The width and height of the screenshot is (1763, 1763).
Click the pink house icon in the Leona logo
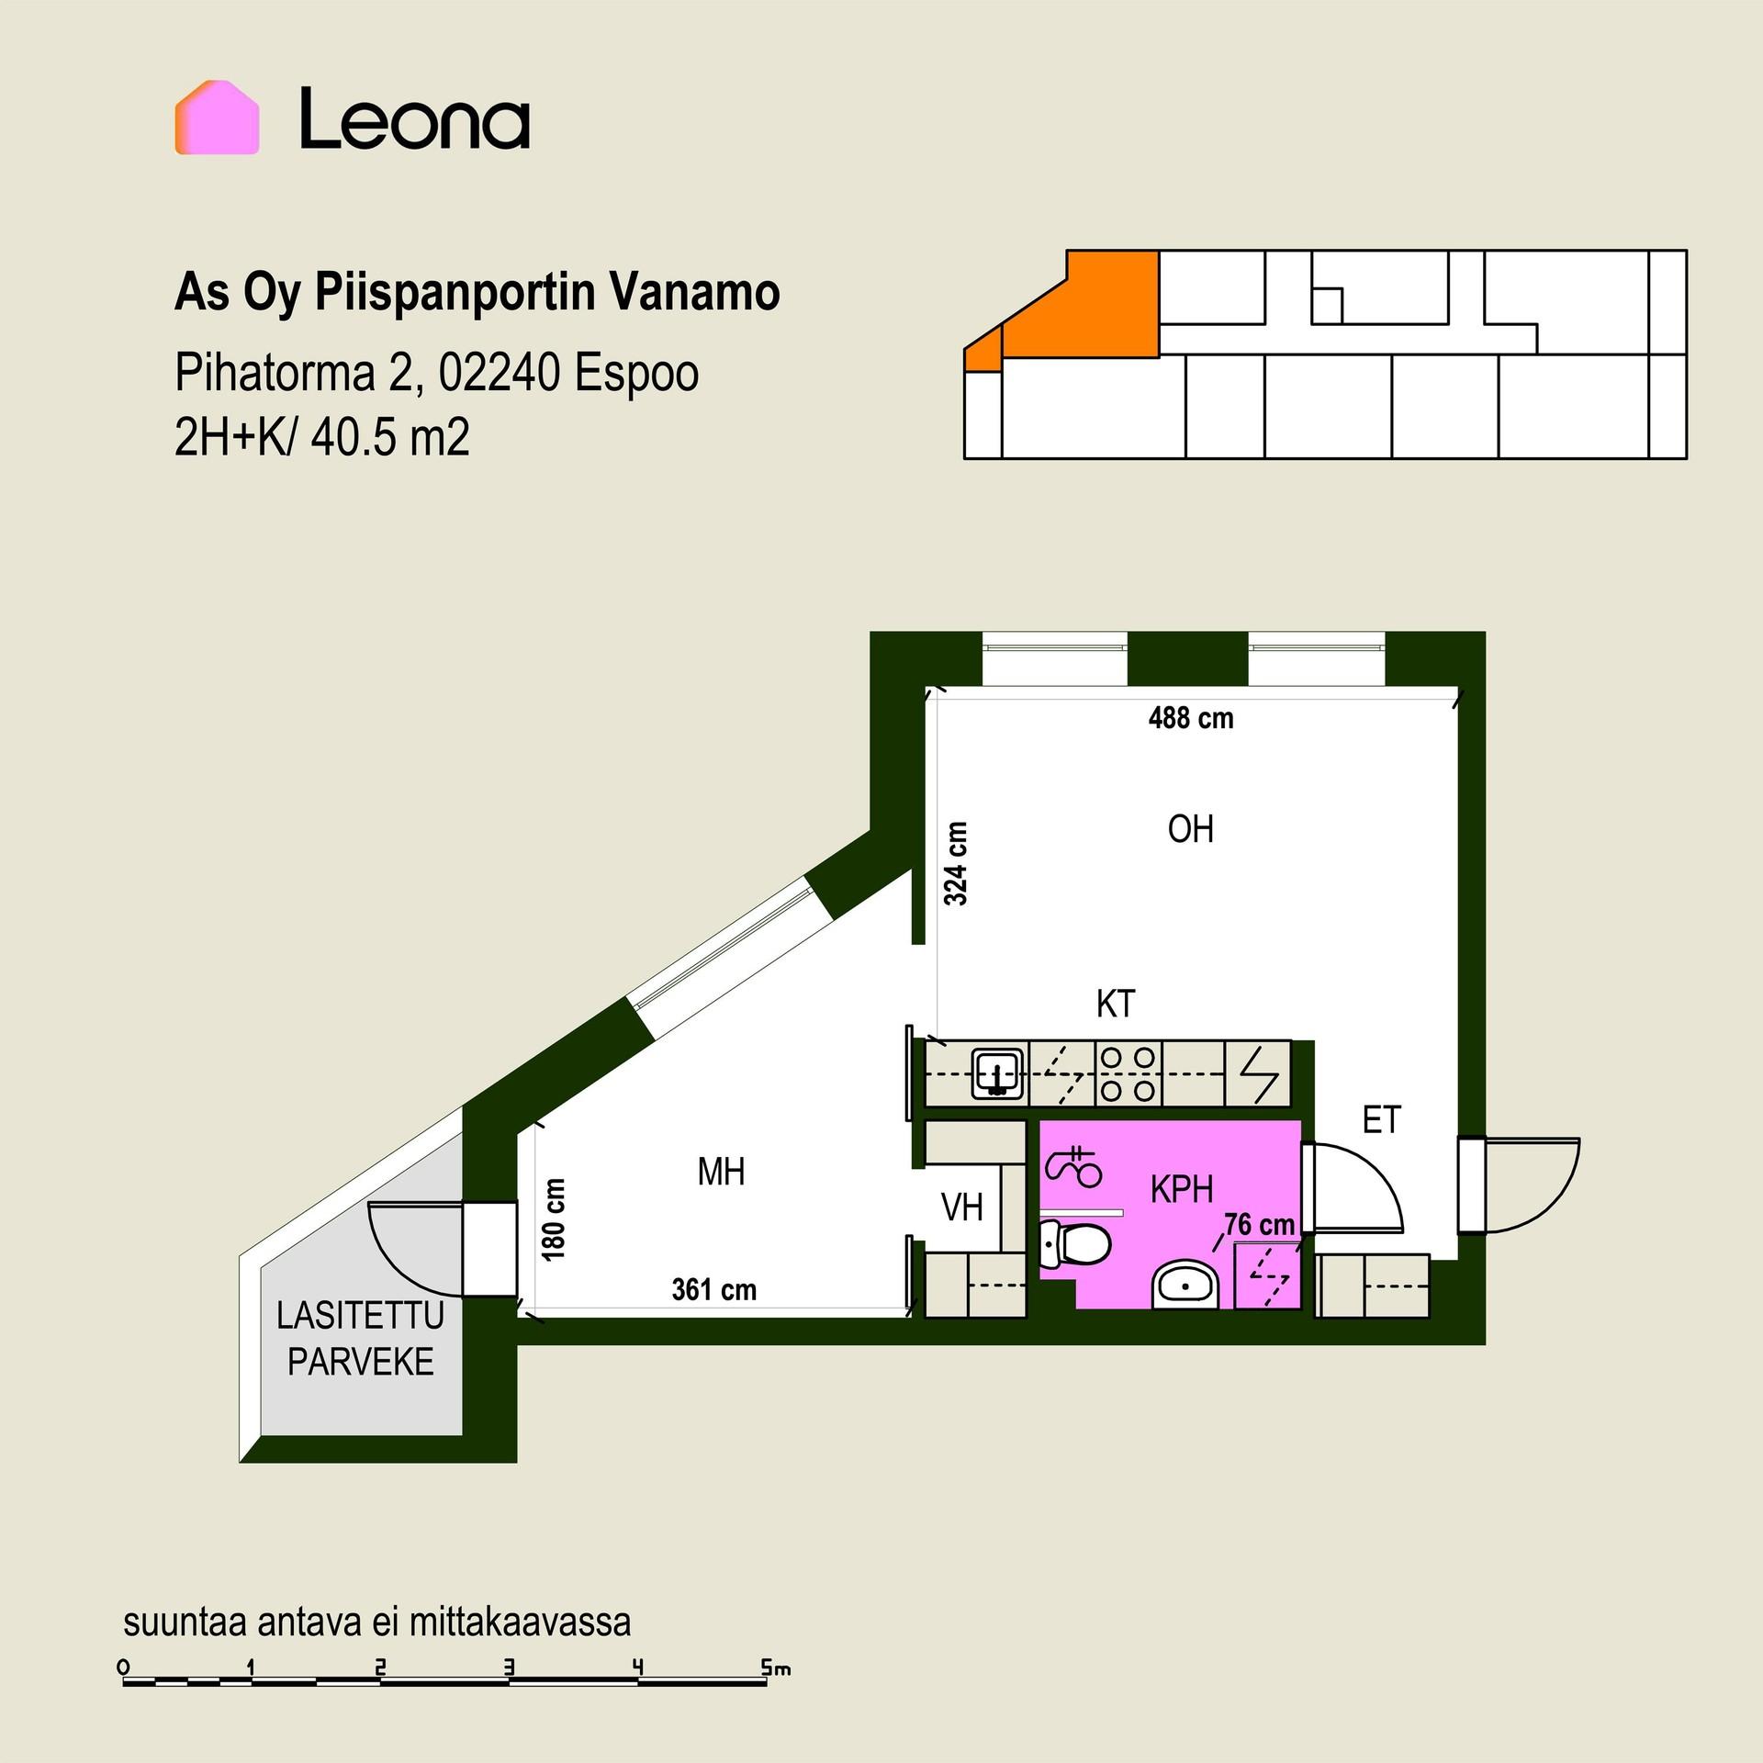tap(218, 118)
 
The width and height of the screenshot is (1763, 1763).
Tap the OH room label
tap(1190, 829)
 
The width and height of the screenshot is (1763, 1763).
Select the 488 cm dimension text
tap(1191, 717)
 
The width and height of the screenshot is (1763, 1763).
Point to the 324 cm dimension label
tap(956, 864)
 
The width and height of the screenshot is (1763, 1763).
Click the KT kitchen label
tap(1116, 1004)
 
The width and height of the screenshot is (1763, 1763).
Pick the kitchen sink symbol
tap(998, 1073)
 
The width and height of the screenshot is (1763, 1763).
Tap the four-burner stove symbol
tap(1129, 1072)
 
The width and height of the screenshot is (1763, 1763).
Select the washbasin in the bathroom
tap(1185, 1284)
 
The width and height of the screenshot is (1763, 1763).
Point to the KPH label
tap(1182, 1190)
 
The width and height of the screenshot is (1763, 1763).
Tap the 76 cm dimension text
tap(1260, 1224)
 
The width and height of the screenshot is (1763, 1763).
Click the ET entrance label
tap(1382, 1120)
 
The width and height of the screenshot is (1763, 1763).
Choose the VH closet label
tap(962, 1208)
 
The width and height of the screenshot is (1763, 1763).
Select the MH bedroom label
tap(721, 1172)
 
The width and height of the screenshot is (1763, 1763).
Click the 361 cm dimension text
tap(714, 1290)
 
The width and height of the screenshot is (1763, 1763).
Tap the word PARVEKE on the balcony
tap(361, 1363)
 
